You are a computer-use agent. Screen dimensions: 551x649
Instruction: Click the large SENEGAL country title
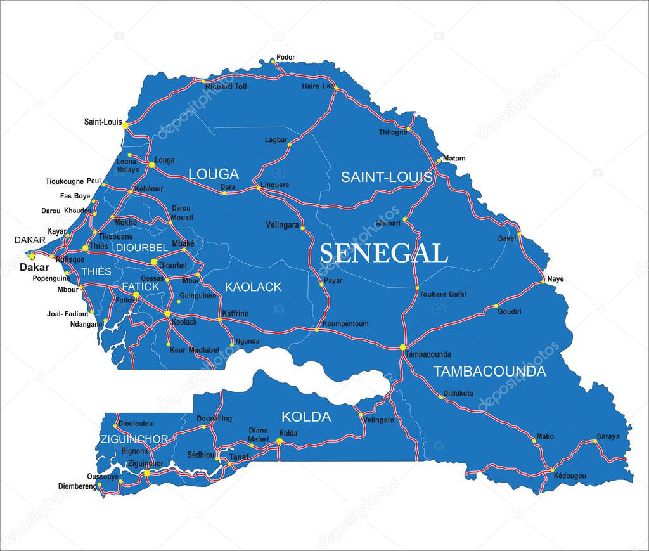[x=383, y=254]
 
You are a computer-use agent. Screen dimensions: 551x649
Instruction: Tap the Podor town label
[x=286, y=58]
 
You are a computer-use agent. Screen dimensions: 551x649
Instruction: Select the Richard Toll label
[x=226, y=86]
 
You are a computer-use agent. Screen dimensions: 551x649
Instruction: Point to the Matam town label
[x=454, y=159]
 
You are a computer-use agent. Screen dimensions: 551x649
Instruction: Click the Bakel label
[x=506, y=238]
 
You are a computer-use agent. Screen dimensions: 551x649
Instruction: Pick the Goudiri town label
[x=510, y=312]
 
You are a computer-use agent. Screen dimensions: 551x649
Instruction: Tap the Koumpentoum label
[x=345, y=324]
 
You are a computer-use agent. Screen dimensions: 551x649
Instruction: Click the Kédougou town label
[x=569, y=476]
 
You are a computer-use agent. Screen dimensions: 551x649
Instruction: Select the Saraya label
[x=608, y=437]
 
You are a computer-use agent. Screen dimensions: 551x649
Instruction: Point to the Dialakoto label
[x=458, y=393]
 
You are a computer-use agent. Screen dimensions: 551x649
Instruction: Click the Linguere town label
[x=275, y=185]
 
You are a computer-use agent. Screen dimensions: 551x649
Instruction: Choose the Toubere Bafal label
[x=443, y=294]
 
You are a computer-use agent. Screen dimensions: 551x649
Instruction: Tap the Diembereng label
[x=77, y=486]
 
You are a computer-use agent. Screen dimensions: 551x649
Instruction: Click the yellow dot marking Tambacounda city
[x=402, y=347]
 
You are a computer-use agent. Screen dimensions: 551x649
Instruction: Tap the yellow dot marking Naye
[x=544, y=280]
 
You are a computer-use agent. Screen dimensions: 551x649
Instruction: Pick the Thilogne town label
[x=393, y=133]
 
